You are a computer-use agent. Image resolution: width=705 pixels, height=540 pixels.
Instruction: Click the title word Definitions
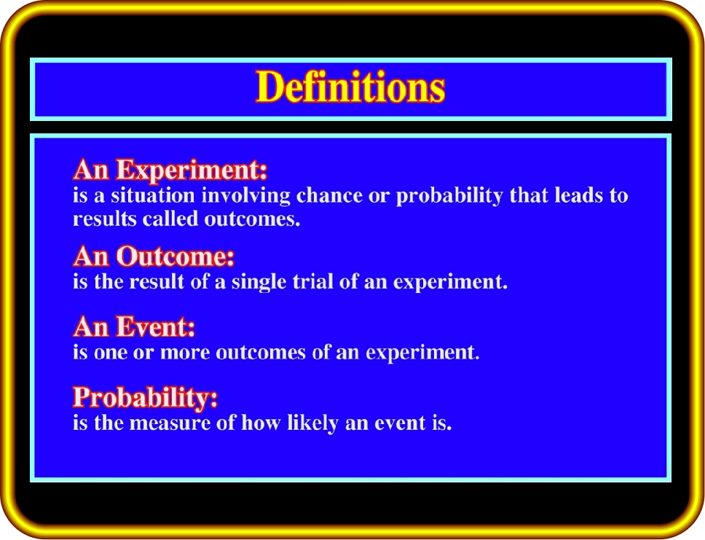(350, 87)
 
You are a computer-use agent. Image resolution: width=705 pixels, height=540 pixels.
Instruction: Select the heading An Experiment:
(170, 170)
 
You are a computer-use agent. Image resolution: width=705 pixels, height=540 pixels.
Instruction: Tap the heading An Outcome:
(154, 256)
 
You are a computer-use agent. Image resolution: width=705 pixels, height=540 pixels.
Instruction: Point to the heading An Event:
(134, 326)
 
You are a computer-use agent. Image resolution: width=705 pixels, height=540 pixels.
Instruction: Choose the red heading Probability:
(145, 398)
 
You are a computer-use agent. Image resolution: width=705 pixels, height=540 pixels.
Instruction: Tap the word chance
(329, 196)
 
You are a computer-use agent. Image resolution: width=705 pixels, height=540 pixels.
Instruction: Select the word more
(185, 353)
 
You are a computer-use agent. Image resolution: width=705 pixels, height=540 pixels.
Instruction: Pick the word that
(529, 196)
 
